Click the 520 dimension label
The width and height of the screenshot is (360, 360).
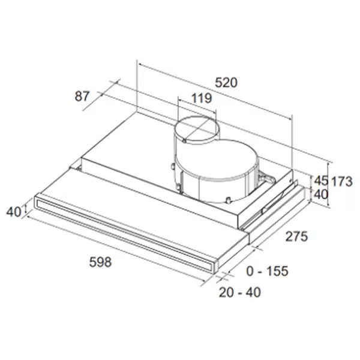(x=226, y=83)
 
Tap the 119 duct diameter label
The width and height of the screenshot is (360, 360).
(x=202, y=98)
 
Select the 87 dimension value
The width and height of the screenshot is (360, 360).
(x=82, y=96)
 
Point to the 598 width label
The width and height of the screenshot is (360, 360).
(x=100, y=262)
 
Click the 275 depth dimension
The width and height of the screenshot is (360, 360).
(x=296, y=236)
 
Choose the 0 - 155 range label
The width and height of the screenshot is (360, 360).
(x=267, y=271)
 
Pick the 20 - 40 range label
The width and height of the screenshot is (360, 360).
(x=239, y=292)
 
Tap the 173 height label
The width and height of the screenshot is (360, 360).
(x=341, y=182)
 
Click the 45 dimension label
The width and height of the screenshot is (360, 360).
(x=321, y=181)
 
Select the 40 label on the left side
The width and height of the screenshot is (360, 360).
(x=14, y=212)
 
